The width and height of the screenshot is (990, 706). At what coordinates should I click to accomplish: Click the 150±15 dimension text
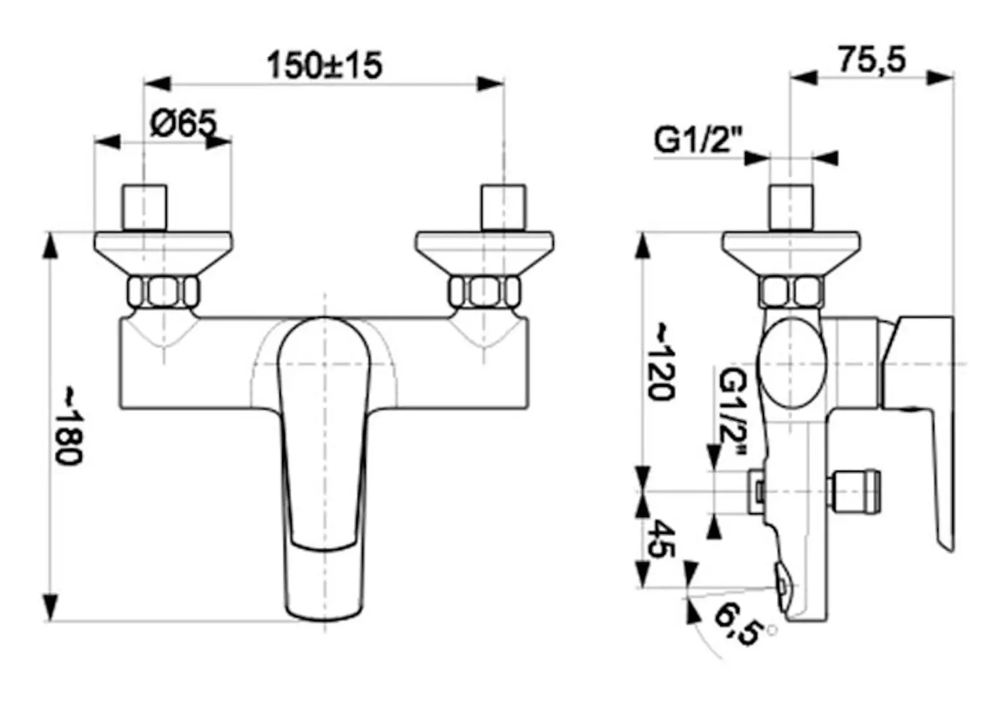[x=324, y=65]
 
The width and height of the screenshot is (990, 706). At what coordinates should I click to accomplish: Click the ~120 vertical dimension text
[x=660, y=361]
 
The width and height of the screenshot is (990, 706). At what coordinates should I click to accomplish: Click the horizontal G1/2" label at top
[x=699, y=140]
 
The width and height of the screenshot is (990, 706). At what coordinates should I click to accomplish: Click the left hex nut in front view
[x=163, y=292]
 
